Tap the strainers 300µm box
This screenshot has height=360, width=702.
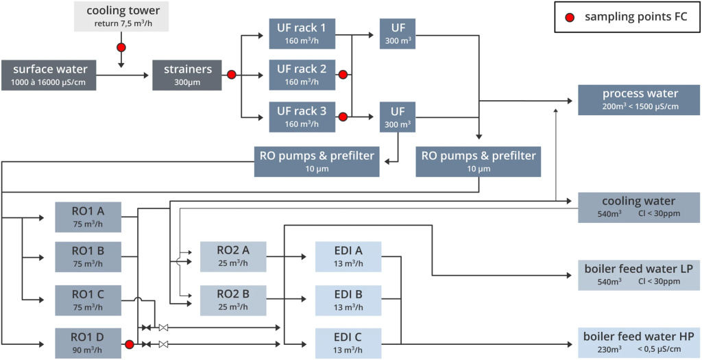click(187, 75)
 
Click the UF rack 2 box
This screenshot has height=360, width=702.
click(302, 75)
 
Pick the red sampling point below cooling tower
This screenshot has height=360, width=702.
click(121, 48)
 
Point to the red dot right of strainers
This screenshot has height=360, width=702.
click(232, 75)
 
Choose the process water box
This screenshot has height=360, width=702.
click(639, 99)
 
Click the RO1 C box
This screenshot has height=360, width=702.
click(88, 300)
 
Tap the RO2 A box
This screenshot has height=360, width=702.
click(232, 256)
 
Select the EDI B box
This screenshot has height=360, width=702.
click(348, 300)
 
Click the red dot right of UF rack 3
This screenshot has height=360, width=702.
click(343, 117)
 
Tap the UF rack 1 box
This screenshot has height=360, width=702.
click(302, 32)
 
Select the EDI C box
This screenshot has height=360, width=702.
click(348, 343)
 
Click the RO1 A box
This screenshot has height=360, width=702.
click(88, 215)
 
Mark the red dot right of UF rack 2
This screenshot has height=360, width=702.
click(343, 75)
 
